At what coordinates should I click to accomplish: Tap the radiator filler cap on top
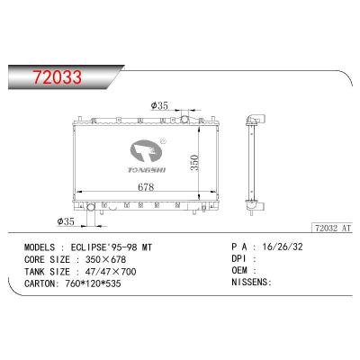tap(185, 118)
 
